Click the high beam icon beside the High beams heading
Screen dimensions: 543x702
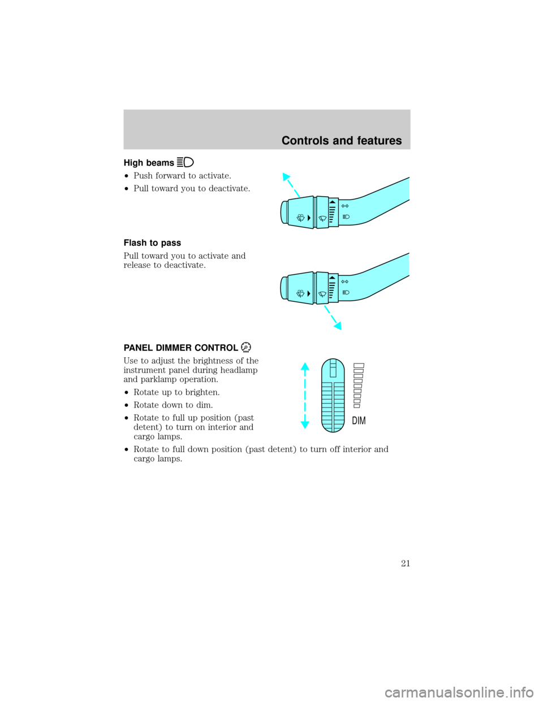pyautogui.click(x=186, y=162)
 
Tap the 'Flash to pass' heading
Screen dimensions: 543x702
pyautogui.click(x=152, y=242)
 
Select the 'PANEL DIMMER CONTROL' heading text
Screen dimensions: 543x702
pyautogui.click(x=181, y=348)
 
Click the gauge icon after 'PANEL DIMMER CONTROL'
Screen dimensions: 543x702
pyautogui.click(x=246, y=347)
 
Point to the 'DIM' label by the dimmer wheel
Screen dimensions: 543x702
pyautogui.click(x=359, y=421)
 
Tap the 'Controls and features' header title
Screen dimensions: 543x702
pyautogui.click(x=342, y=141)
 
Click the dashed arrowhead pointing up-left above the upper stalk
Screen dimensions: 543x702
pyautogui.click(x=286, y=177)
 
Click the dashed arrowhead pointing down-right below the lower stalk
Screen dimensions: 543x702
pyautogui.click(x=338, y=326)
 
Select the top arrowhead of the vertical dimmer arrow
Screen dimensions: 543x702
pyautogui.click(x=305, y=366)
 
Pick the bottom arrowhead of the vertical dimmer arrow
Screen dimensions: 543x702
pyautogui.click(x=305, y=424)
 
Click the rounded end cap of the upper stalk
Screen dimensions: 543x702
pyautogui.click(x=284, y=213)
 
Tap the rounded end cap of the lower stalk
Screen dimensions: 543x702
pyautogui.click(x=284, y=288)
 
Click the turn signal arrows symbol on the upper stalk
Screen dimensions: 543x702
pyautogui.click(x=345, y=206)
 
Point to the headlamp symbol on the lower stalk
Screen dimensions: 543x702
pyautogui.click(x=346, y=292)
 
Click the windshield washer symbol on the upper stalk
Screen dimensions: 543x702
pyautogui.click(x=300, y=218)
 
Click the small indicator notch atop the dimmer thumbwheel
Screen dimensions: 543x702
pyautogui.click(x=333, y=369)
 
